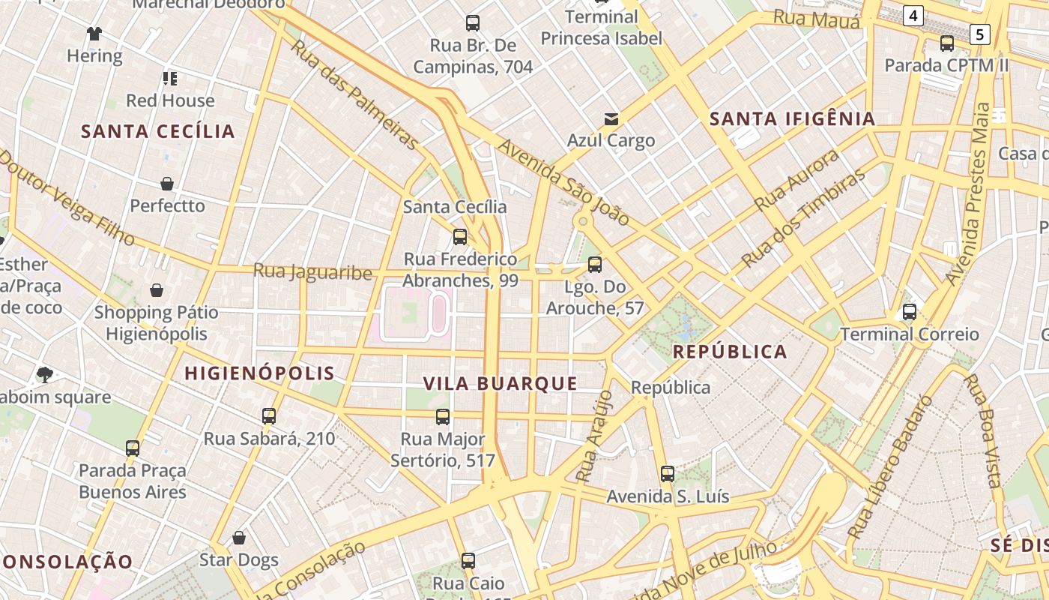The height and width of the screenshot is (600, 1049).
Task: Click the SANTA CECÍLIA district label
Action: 158,132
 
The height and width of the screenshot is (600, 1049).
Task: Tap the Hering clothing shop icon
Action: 94,34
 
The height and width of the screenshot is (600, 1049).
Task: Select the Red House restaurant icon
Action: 170,78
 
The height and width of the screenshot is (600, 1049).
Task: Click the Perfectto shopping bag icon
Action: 167,184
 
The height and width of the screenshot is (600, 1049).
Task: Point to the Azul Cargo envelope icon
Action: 611,118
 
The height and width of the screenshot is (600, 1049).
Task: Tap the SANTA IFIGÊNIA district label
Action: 792,118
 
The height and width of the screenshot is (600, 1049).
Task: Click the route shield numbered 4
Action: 913,15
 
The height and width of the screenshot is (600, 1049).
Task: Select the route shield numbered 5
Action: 979,34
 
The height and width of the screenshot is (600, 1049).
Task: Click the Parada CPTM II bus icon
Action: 947,43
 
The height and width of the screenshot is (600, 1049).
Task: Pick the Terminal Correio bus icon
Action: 910,312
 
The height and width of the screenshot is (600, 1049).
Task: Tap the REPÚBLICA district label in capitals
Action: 730,352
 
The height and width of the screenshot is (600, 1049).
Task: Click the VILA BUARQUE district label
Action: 501,384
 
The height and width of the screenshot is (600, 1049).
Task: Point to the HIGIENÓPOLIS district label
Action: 259,373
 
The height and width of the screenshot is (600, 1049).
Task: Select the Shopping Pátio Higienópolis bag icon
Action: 157,290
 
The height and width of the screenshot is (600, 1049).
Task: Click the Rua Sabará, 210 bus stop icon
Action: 269,416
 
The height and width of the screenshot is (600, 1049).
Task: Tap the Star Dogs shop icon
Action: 239,538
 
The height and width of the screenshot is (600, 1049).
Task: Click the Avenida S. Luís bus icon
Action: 668,474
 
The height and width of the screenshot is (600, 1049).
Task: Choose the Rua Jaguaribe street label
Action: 312,271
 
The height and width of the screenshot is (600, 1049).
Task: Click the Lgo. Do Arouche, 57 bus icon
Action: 595,265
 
